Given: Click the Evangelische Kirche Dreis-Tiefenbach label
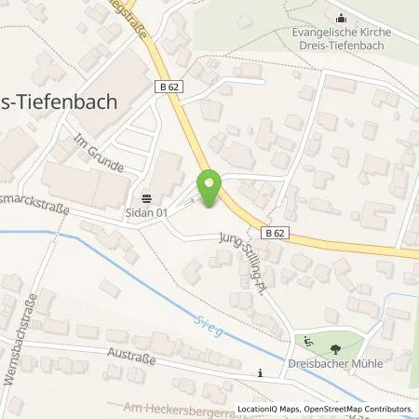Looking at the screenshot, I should (340, 39).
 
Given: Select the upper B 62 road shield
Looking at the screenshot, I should (167, 85).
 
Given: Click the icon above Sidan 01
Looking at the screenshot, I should (147, 197).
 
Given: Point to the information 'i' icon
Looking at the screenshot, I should (261, 372).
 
